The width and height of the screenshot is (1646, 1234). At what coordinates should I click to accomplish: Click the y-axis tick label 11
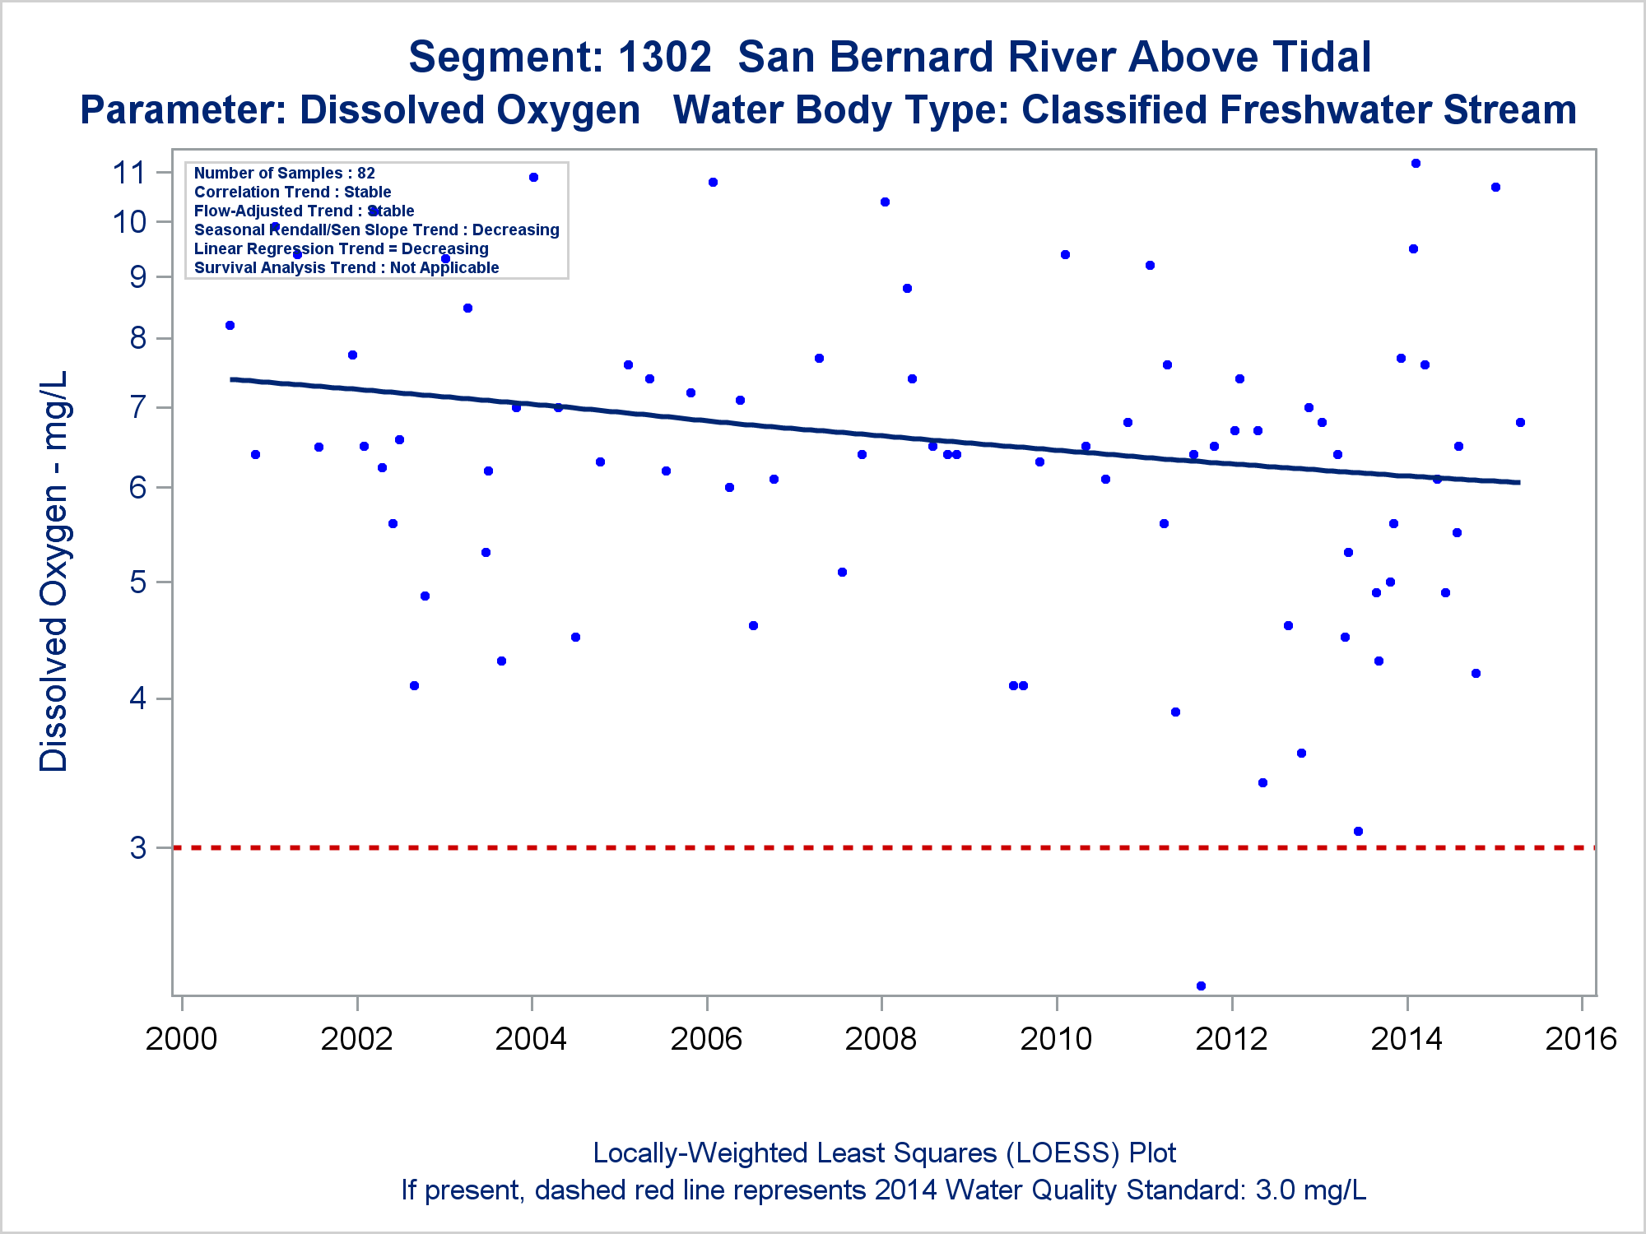click(x=129, y=173)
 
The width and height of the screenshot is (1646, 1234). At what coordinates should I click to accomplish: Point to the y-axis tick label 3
click(x=138, y=847)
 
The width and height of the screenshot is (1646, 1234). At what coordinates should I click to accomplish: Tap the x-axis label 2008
click(x=881, y=1039)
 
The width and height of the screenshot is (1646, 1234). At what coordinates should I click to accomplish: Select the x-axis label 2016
click(x=1581, y=1039)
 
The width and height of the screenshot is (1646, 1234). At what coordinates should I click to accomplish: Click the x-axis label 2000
click(x=181, y=1039)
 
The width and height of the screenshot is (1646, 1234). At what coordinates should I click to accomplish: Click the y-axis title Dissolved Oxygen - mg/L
click(x=53, y=571)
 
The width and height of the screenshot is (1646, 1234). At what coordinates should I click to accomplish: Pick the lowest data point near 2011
click(x=1201, y=986)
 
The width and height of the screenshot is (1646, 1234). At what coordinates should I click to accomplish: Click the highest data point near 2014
click(x=1416, y=163)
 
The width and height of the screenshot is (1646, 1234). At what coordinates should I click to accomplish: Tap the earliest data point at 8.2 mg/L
click(x=230, y=325)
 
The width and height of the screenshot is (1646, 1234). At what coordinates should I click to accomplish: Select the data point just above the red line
click(x=1358, y=831)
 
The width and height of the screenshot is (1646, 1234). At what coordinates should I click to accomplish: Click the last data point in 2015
click(x=1520, y=422)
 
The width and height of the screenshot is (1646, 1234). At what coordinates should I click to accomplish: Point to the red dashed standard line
click(x=884, y=847)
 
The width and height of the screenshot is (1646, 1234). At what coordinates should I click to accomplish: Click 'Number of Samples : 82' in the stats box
click(x=285, y=173)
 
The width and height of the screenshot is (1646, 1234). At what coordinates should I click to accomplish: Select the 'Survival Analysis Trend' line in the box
click(x=346, y=267)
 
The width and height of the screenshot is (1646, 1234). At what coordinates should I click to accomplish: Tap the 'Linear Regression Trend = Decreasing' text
click(x=342, y=248)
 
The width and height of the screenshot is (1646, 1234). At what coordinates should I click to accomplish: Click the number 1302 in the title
click(x=664, y=57)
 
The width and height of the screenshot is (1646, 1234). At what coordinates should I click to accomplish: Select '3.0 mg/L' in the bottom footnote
click(x=1311, y=1190)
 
